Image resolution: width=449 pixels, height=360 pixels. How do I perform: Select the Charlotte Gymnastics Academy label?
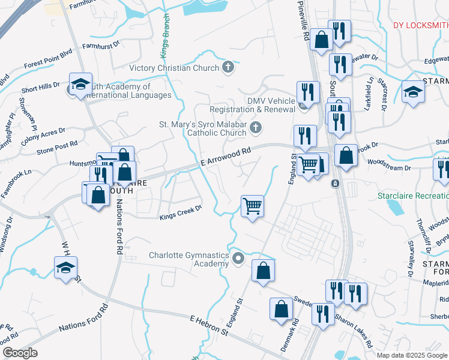click(189, 260)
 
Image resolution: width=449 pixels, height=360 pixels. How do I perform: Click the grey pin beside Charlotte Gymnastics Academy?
click(238, 259)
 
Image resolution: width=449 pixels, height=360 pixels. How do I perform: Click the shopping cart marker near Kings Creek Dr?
click(253, 206)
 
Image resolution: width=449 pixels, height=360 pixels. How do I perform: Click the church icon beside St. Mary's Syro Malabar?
click(256, 127)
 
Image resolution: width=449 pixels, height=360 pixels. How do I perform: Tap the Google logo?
click(20, 353)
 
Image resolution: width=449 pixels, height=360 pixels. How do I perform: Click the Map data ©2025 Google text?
click(412, 355)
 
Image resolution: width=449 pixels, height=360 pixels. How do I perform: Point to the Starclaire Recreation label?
click(412, 196)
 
